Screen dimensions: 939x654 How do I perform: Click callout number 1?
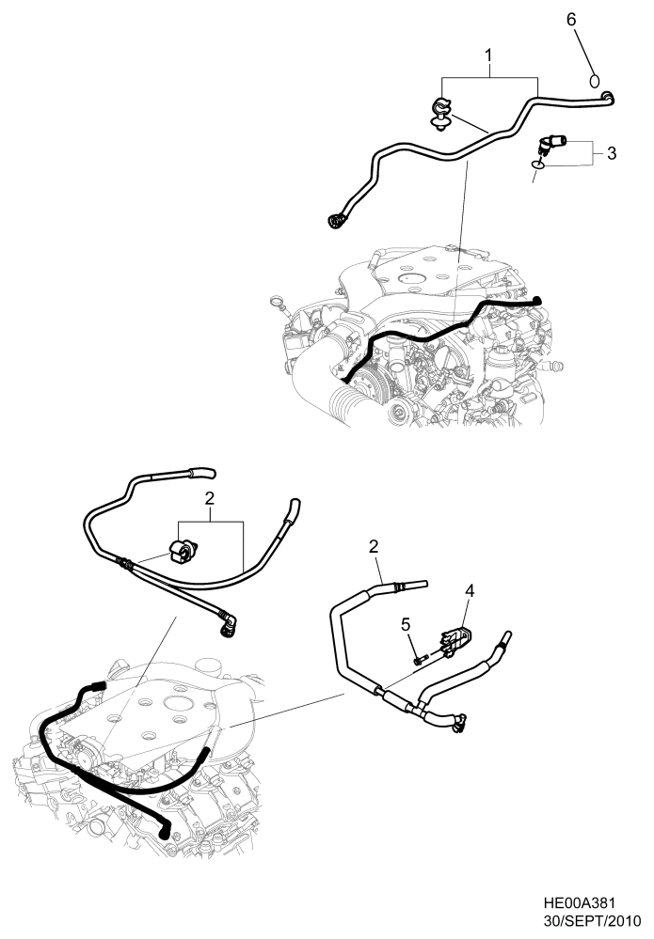[489, 58]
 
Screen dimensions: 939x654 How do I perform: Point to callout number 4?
[469, 591]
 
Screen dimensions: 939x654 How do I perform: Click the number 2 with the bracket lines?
[211, 497]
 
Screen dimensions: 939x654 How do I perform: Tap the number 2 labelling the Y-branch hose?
[374, 546]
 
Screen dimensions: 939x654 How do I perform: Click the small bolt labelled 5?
[421, 659]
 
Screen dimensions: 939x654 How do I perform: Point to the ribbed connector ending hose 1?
[336, 221]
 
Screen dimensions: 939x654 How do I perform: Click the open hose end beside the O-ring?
[608, 95]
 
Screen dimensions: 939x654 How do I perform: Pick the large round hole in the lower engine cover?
[176, 702]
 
